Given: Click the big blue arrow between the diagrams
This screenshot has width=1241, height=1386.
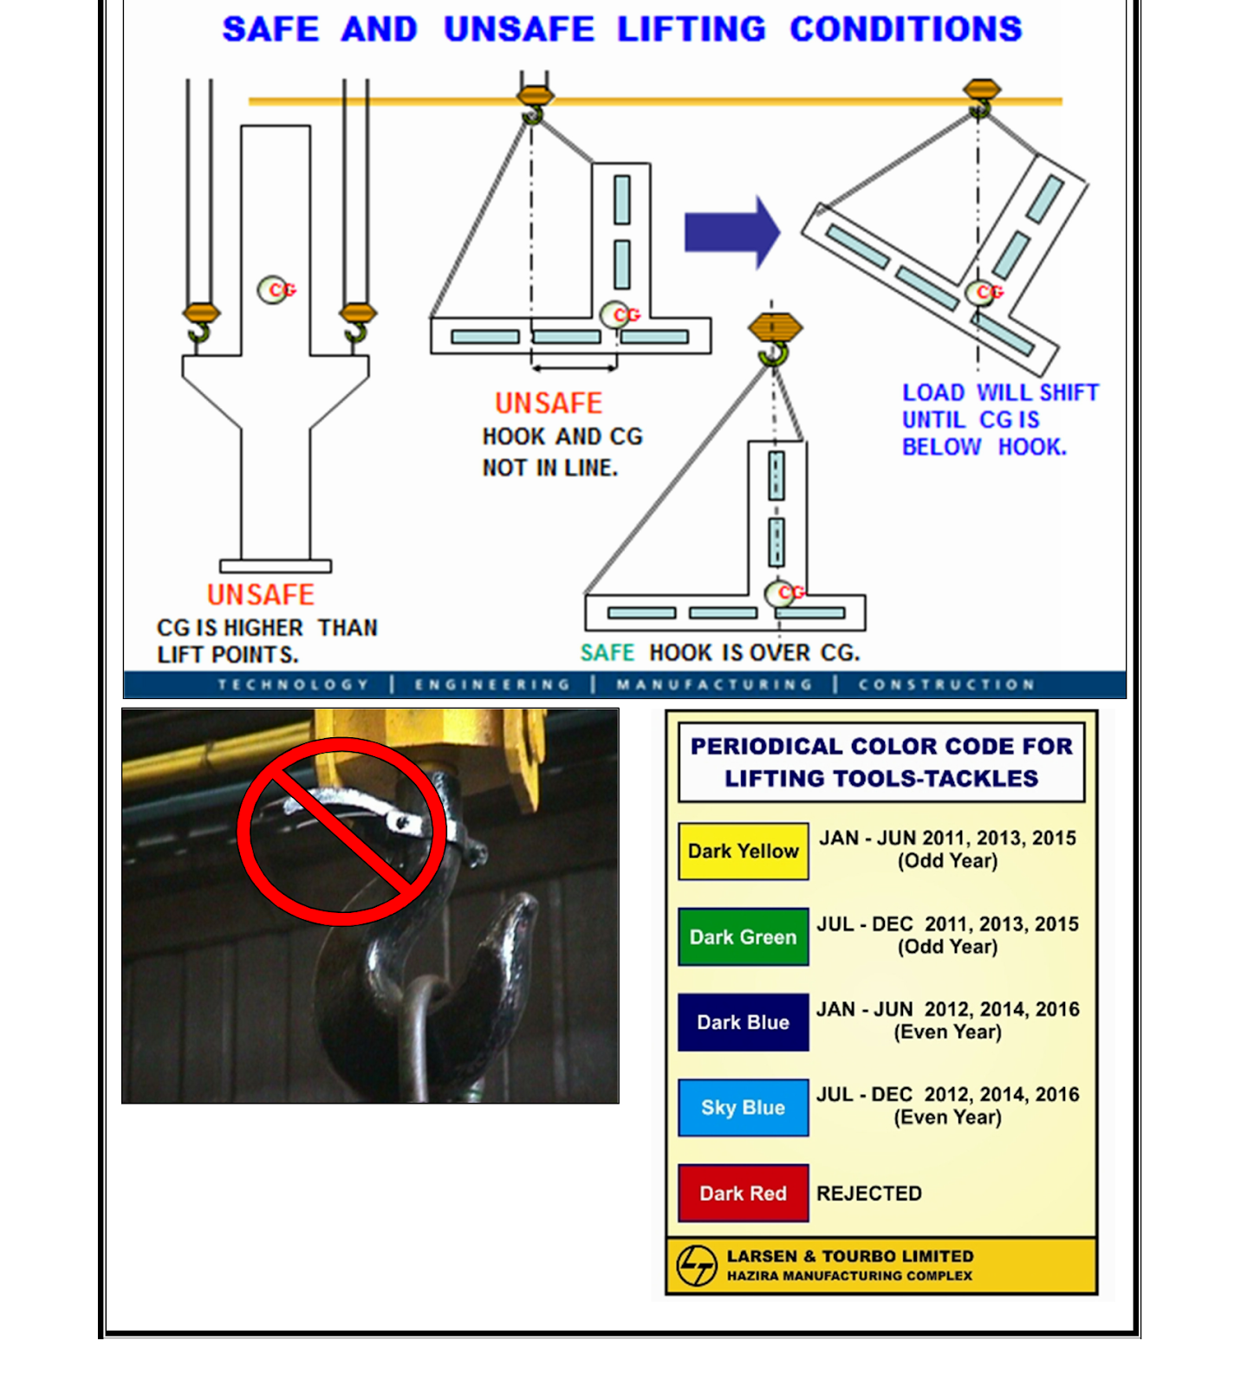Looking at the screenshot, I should pos(731,232).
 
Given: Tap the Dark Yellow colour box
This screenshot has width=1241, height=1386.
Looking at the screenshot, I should pos(743,851).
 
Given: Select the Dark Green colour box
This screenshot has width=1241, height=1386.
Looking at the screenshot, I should pos(743,936).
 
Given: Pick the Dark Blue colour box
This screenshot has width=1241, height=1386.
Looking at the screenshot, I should pos(743,1022).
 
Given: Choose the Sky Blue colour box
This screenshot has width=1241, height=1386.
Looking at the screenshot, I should pos(743,1107).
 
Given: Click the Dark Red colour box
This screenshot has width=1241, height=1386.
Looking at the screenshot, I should pos(743,1193).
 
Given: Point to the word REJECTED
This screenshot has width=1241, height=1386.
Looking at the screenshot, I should pos(868,1193).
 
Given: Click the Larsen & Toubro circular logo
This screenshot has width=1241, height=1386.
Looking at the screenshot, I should pos(697,1266).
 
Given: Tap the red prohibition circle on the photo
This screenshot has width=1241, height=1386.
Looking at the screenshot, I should pos(342,832).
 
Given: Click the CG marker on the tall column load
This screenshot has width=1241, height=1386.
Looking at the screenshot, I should pos(275,289).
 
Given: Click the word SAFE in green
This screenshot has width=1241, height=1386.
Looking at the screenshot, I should pos(607,652).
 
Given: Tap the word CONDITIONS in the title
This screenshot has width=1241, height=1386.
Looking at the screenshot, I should pos(906,29).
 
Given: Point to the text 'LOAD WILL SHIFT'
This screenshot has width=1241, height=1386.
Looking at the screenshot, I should pos(999,392).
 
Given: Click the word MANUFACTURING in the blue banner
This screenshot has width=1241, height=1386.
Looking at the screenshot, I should pos(714,684).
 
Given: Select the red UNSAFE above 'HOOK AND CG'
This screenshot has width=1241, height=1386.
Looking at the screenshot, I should pos(548,403).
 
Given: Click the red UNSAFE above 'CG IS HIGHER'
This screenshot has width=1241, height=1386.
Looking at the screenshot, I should pos(260,594).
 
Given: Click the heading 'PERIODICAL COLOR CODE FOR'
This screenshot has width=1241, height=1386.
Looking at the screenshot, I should pos(880,746).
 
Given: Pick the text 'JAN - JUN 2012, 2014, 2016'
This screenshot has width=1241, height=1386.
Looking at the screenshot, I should pos(947,1009).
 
